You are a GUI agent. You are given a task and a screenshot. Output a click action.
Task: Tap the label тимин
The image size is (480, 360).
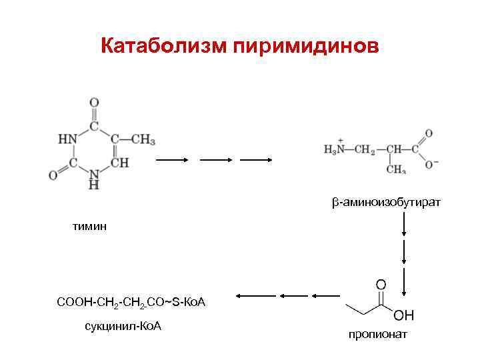pos(89,227)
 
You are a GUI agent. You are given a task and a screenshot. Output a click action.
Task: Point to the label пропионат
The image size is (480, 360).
pos(377,334)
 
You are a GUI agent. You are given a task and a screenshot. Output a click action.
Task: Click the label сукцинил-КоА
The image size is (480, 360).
pos(123,326)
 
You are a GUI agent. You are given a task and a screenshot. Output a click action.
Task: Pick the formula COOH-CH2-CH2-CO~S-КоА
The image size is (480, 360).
pos(132,303)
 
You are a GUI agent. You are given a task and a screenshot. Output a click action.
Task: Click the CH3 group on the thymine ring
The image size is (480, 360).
pos(143,139)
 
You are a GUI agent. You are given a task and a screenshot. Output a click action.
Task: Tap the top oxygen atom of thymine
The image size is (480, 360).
pos(94,103)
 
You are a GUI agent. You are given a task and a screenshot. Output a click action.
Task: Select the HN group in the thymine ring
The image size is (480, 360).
pos(68,139)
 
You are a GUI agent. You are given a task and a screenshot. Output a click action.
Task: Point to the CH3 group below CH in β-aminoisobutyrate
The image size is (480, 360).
pos(395,170)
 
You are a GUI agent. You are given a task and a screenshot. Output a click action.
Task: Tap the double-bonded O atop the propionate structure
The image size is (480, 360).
pos(381,285)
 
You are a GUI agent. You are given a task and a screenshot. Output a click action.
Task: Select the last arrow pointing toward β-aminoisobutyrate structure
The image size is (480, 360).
pos(256,161)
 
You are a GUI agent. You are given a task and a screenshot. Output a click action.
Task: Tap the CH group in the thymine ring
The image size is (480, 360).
pos(119,163)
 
